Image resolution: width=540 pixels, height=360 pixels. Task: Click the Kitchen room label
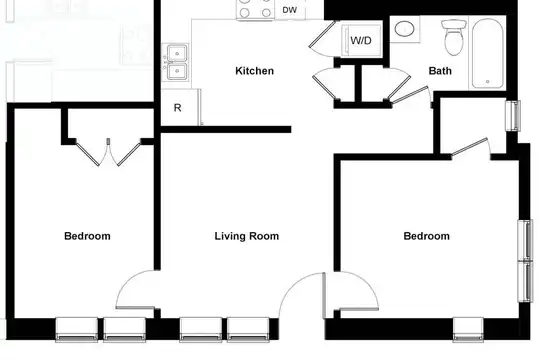tap(255, 71)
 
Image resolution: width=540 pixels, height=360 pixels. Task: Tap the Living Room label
tap(247, 236)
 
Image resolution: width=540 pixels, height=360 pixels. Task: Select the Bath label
tap(440, 71)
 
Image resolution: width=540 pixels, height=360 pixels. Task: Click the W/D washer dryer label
tap(361, 40)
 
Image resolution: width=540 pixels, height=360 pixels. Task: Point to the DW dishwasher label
tap(290, 10)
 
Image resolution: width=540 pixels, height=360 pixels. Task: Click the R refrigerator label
tap(177, 108)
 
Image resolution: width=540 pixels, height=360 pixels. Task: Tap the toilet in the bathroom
tap(454, 37)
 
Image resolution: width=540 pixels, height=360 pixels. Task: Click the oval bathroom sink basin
tap(404, 29)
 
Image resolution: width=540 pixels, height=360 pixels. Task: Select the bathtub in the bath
tap(488, 54)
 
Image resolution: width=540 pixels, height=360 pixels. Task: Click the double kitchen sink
tap(177, 62)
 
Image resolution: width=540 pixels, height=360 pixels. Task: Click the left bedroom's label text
tap(87, 236)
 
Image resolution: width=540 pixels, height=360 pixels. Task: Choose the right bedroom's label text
tap(426, 236)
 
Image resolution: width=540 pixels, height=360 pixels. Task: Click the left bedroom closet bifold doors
tap(108, 152)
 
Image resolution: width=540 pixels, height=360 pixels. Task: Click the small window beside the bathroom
tap(513, 116)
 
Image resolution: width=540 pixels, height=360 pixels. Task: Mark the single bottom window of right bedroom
tap(468, 330)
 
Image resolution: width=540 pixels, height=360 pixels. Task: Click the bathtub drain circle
tap(488, 82)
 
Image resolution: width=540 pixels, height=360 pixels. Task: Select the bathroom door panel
tap(410, 94)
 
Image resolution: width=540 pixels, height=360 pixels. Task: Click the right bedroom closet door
tap(469, 146)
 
